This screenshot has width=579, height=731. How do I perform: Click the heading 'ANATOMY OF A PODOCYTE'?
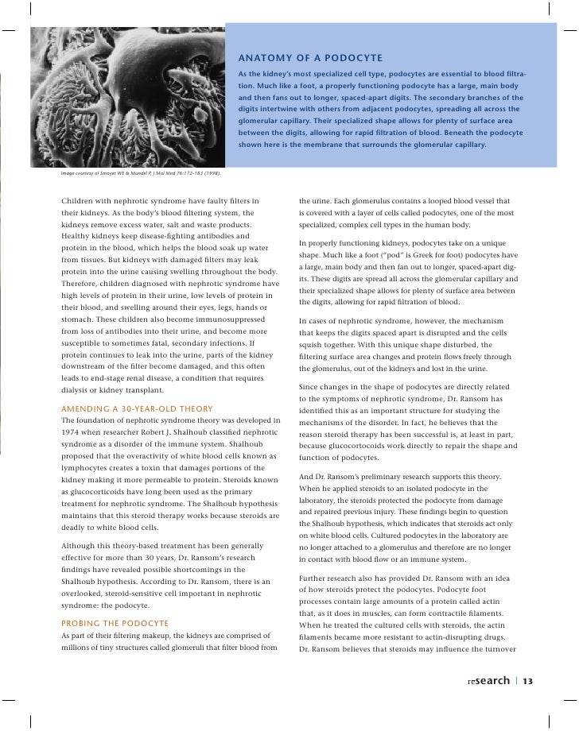click(310, 60)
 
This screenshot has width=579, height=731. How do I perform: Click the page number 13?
click(527, 681)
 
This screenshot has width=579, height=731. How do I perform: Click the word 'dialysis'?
click(79, 390)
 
